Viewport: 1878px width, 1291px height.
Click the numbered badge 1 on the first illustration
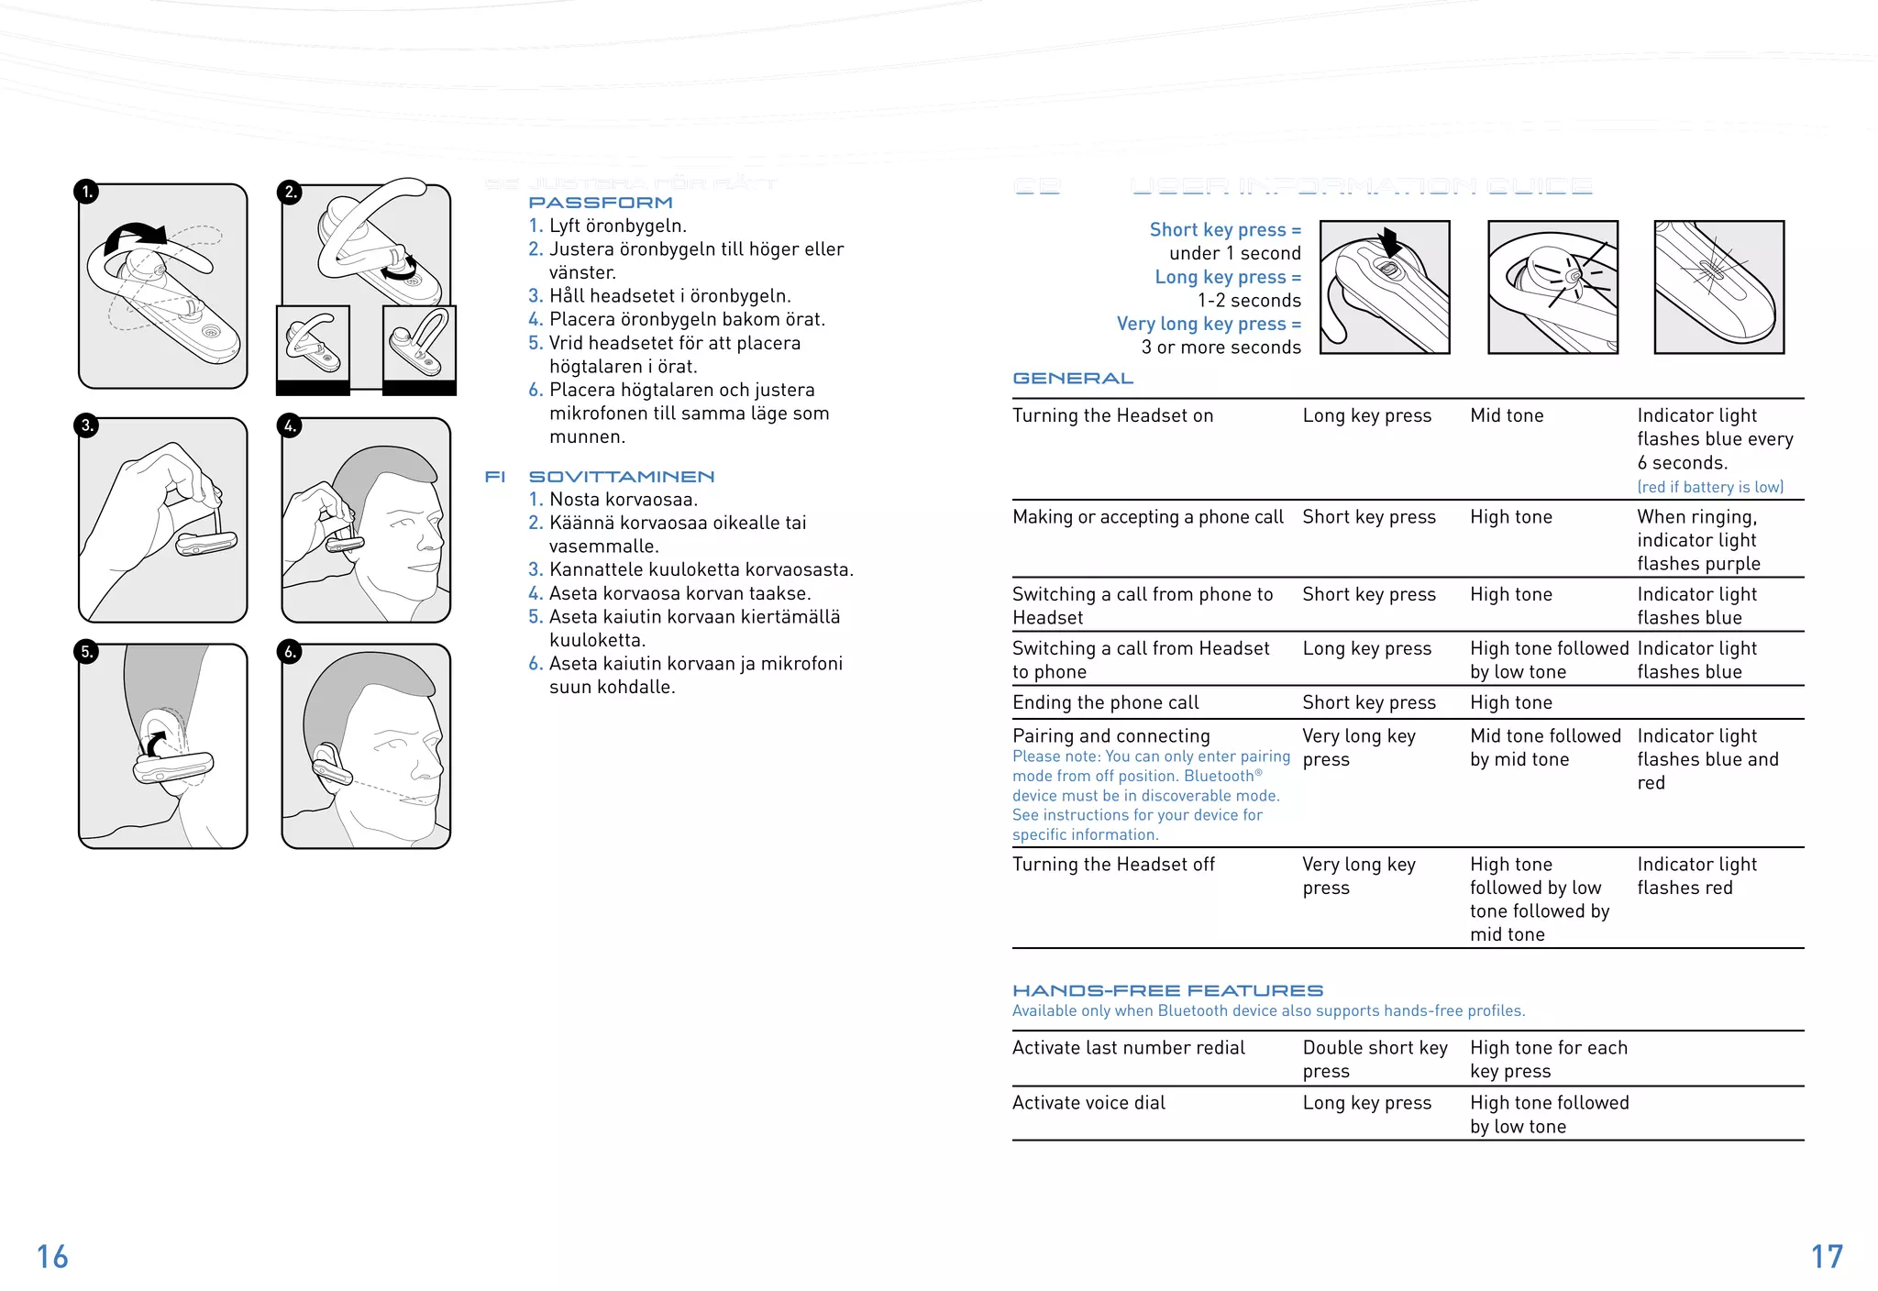point(86,192)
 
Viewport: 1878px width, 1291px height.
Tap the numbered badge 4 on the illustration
point(290,425)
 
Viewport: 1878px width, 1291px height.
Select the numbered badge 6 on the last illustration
point(290,652)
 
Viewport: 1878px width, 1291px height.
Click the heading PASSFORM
point(601,203)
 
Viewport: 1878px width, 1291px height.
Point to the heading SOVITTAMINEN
point(622,477)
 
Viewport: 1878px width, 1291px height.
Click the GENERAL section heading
point(1073,379)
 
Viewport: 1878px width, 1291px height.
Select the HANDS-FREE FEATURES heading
point(1167,991)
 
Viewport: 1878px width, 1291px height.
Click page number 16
point(52,1257)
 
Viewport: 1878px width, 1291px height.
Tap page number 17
point(1827,1257)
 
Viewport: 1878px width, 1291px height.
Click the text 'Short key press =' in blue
point(1225,230)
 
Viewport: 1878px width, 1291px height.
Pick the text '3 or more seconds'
point(1221,348)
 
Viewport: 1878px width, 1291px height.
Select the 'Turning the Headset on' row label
point(1112,416)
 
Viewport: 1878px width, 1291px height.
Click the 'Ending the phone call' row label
point(1105,703)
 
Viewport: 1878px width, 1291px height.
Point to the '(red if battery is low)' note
point(1710,488)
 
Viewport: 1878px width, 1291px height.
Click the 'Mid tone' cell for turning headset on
point(1507,416)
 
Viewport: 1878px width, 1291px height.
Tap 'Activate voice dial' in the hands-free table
point(1088,1103)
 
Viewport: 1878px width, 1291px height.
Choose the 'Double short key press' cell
point(1374,1059)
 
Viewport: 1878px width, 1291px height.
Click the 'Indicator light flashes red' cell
point(1696,876)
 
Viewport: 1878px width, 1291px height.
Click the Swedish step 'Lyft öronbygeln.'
point(617,226)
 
